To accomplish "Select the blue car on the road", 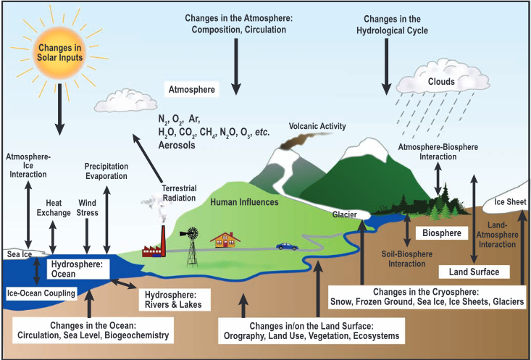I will (x=287, y=246).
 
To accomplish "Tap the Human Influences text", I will (x=244, y=202).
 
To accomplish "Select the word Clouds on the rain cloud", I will (x=441, y=82).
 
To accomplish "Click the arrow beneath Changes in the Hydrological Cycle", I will (x=387, y=68).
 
